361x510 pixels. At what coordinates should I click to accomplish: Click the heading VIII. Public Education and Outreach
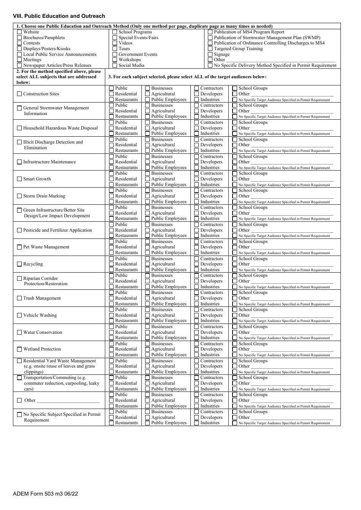[x=59, y=16]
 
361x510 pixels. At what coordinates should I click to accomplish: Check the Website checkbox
[x=19, y=32]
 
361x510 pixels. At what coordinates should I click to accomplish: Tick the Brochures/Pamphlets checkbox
[x=19, y=38]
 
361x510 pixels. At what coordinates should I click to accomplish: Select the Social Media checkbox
[x=115, y=65]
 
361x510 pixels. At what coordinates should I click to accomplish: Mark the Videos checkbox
[x=115, y=43]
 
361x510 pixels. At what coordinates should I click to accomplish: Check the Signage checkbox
[x=210, y=54]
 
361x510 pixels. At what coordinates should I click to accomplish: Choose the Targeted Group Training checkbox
[x=210, y=49]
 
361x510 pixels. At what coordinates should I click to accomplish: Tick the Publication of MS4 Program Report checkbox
[x=210, y=32]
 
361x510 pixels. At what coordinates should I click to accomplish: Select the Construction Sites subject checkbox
[x=19, y=94]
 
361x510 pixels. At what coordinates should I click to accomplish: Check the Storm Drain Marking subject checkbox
[x=19, y=196]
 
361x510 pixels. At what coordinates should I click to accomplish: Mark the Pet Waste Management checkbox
[x=19, y=247]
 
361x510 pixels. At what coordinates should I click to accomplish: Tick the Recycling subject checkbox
[x=19, y=264]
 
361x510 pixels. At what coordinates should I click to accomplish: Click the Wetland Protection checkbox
[x=19, y=349]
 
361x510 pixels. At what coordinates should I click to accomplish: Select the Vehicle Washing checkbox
[x=19, y=315]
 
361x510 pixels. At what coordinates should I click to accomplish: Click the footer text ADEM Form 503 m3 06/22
[x=46, y=494]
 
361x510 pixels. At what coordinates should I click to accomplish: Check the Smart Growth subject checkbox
[x=19, y=179]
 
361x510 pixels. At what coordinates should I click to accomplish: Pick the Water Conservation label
[x=43, y=332]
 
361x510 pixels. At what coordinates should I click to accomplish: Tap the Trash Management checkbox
[x=19, y=298]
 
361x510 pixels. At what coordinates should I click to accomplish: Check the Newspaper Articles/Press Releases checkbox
[x=19, y=65]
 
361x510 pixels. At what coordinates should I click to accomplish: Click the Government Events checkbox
[x=115, y=54]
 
